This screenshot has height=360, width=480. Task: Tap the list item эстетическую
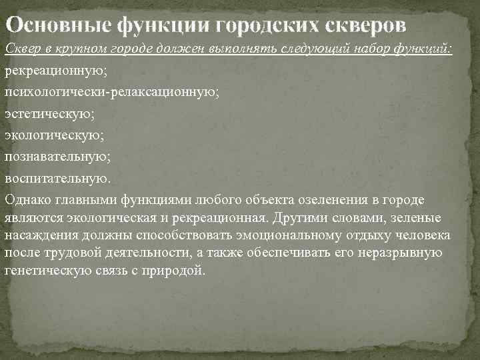click(50, 114)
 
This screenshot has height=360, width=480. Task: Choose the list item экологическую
click(53, 135)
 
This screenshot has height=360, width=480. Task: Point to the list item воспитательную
click(57, 179)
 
